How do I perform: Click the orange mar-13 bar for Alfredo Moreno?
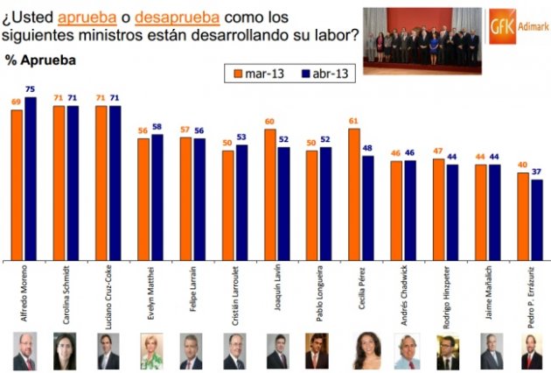pyautogui.click(x=17, y=184)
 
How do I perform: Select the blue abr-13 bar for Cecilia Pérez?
pyautogui.click(x=367, y=208)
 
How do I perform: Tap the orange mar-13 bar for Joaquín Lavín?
pyautogui.click(x=270, y=194)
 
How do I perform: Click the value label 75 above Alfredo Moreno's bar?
pyautogui.click(x=31, y=90)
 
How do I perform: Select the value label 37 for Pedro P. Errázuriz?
pyautogui.click(x=537, y=172)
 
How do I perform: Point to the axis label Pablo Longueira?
pyautogui.click(x=313, y=293)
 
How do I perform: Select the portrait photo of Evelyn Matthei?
pyautogui.click(x=150, y=351)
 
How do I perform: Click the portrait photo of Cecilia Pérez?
pyautogui.click(x=366, y=351)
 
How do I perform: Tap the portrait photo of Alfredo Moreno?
pyautogui.click(x=24, y=351)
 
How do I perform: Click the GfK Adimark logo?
pyautogui.click(x=516, y=23)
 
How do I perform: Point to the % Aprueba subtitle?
pyautogui.click(x=40, y=60)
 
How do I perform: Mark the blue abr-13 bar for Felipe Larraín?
pyautogui.click(x=199, y=199)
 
